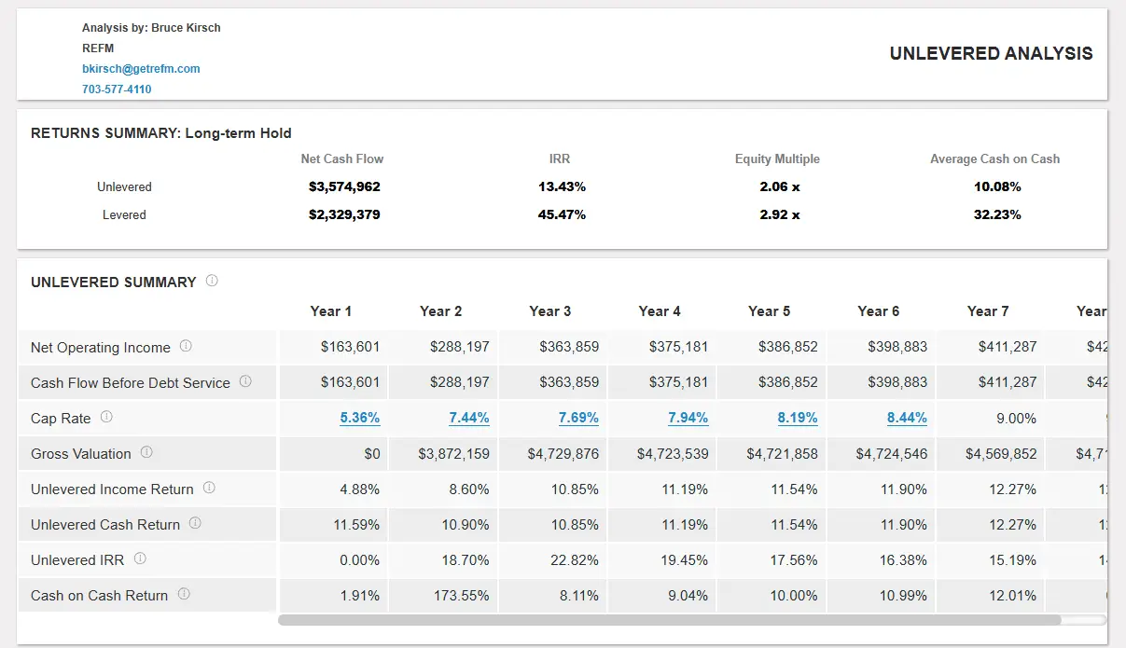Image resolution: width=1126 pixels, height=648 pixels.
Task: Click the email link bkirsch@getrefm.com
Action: point(141,69)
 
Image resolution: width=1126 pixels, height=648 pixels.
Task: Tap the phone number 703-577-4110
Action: point(117,90)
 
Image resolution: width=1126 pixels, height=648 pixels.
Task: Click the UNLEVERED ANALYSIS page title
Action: point(991,54)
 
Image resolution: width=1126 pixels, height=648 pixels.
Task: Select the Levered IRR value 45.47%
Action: point(562,214)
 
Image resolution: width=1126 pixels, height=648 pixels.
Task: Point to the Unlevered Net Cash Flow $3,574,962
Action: point(344,186)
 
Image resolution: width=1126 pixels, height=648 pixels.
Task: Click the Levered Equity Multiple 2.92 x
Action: point(779,214)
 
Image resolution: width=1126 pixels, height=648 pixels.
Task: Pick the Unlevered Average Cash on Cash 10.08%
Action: point(996,186)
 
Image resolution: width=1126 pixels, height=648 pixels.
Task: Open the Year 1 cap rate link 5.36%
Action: point(359,418)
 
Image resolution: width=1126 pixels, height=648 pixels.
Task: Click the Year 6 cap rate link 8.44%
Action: point(907,418)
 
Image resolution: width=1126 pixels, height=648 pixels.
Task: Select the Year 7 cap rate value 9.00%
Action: point(1016,419)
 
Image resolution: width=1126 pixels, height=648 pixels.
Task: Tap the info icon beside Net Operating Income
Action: point(186,346)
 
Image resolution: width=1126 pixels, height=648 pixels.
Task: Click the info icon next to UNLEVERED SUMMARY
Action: point(212,281)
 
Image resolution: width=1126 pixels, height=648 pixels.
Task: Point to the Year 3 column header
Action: point(549,311)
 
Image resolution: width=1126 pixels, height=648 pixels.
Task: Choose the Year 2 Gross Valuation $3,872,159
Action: point(453,454)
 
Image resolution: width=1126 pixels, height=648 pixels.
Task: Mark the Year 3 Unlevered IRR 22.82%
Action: point(575,560)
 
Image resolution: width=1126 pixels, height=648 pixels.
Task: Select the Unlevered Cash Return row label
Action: point(105,525)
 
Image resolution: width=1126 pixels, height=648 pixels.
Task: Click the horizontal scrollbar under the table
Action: point(669,619)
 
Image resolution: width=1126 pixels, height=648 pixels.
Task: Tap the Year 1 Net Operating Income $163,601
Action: point(350,347)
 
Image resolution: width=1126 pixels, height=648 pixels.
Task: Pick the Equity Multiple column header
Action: point(777,159)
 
